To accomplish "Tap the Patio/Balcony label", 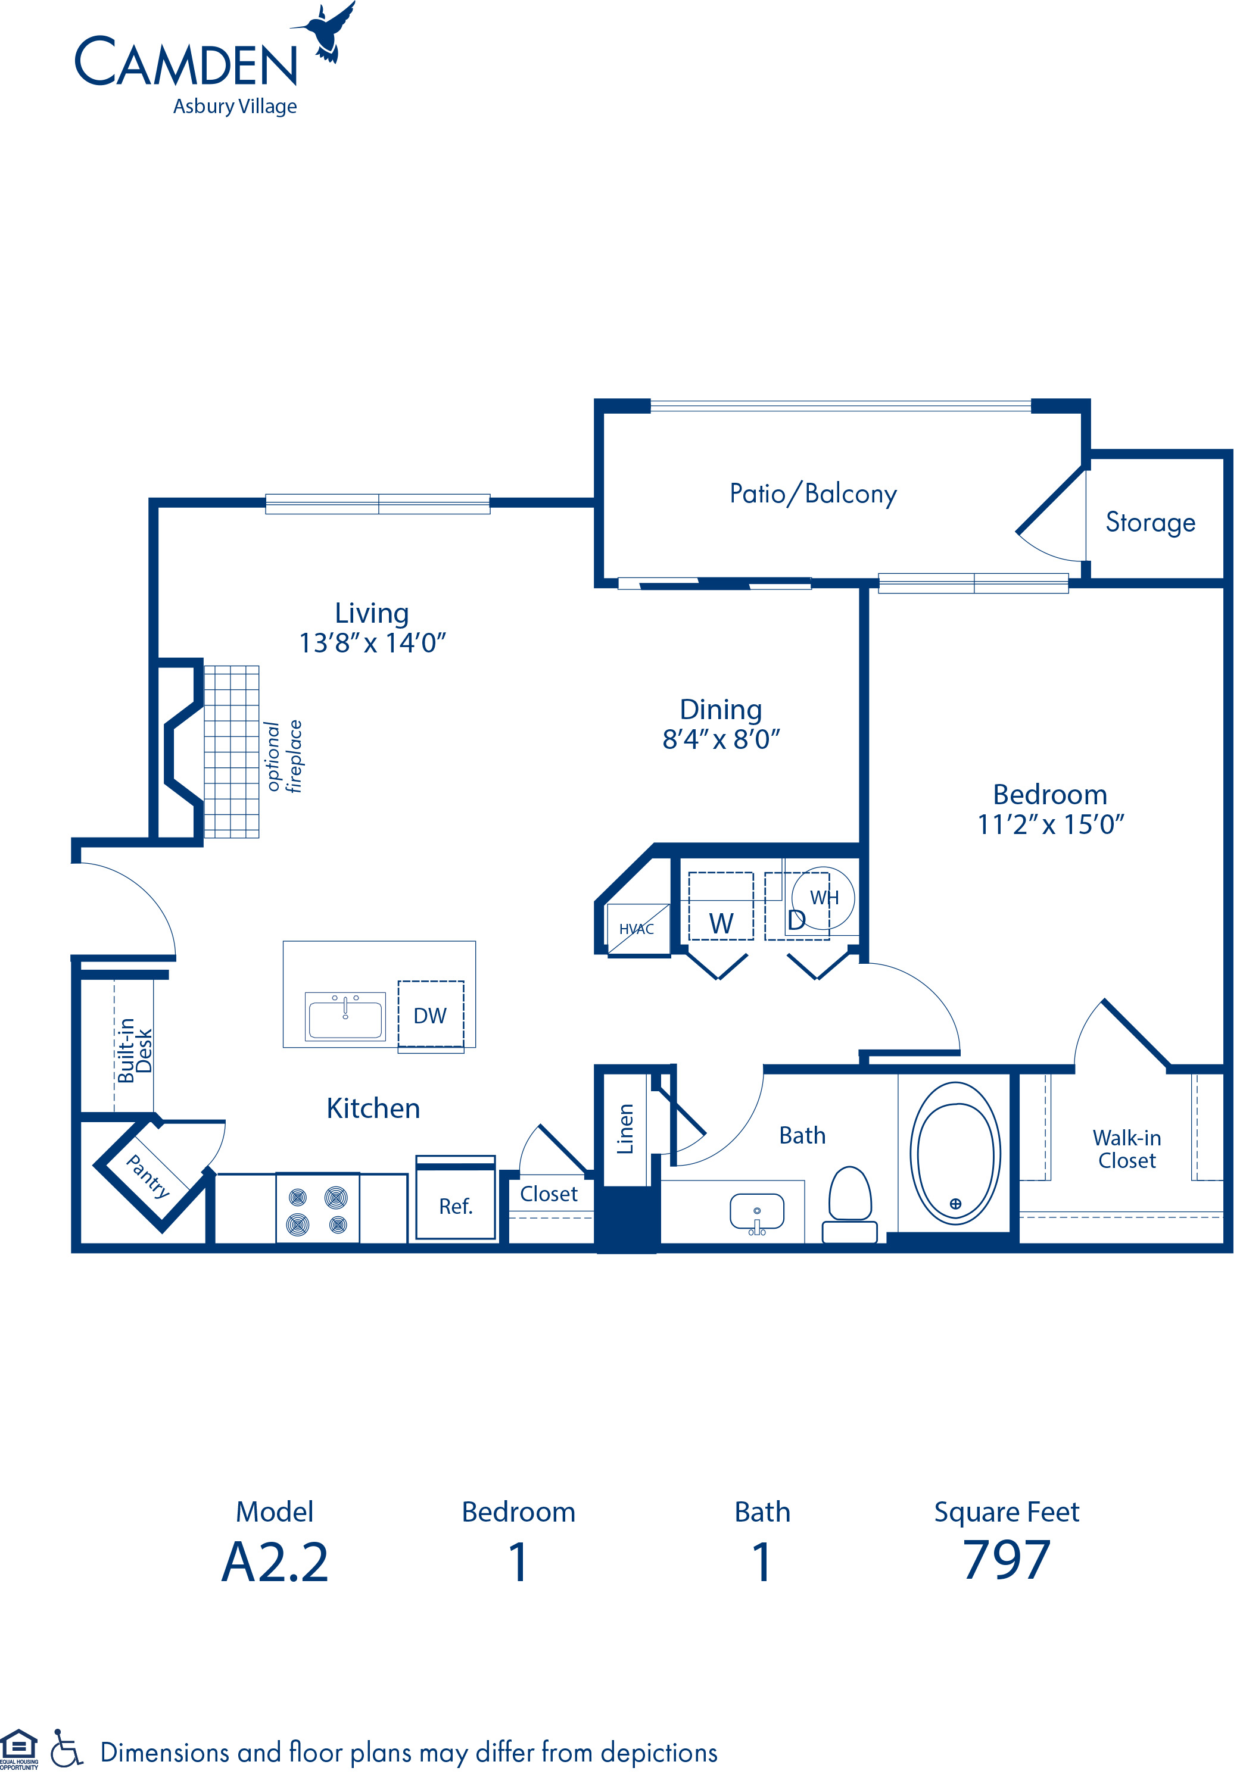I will [x=812, y=494].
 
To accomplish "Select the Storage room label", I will [x=1149, y=522].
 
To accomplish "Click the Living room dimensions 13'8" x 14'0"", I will [x=373, y=643].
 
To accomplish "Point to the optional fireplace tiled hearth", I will [x=231, y=751].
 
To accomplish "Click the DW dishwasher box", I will [x=431, y=1015].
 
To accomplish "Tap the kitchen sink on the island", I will [x=345, y=1016].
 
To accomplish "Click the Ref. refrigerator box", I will [x=455, y=1206].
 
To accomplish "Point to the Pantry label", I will [x=148, y=1177].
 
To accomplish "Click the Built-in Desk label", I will [x=135, y=1050].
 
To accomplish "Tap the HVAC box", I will [x=637, y=929].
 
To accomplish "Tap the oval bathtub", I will [x=955, y=1153].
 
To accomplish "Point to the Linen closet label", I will [x=625, y=1129].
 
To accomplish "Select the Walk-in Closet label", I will [x=1126, y=1149].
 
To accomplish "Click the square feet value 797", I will [x=1006, y=1561].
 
